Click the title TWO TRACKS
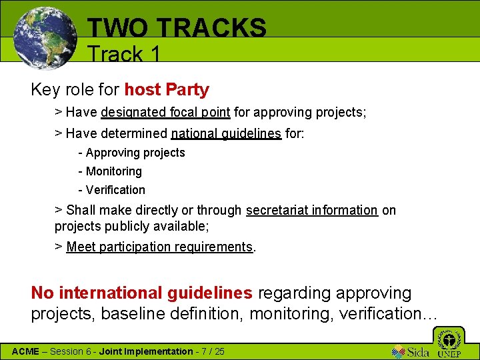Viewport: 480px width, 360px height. tap(177, 28)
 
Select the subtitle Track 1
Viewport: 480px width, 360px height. tap(124, 53)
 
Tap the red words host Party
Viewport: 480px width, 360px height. tap(167, 89)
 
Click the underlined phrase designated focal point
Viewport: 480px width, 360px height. tap(165, 112)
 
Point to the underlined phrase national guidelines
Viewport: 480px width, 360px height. tap(226, 133)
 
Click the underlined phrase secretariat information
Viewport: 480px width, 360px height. tap(311, 210)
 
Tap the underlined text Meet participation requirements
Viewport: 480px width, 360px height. tap(160, 247)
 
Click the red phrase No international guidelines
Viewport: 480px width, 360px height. tap(142, 293)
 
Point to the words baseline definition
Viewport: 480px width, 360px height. tap(173, 313)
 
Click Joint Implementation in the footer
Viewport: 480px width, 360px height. tap(145, 351)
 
